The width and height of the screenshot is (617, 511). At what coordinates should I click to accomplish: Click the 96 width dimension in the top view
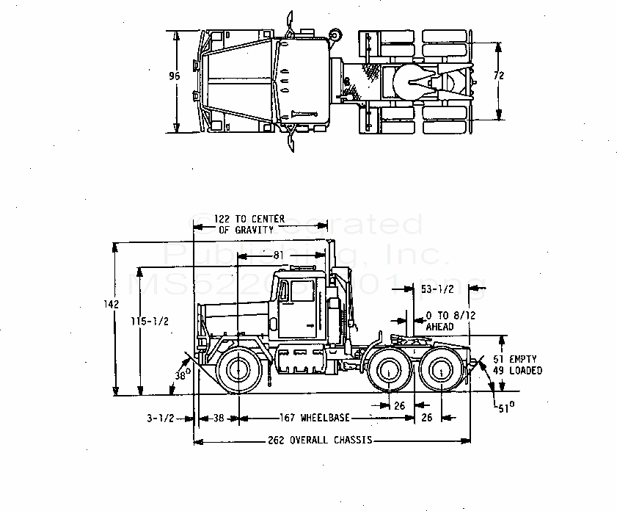pyautogui.click(x=174, y=76)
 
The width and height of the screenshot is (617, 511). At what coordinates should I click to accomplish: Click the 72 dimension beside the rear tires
pyautogui.click(x=499, y=76)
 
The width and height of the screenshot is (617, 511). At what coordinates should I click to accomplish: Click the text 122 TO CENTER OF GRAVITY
pyautogui.click(x=244, y=224)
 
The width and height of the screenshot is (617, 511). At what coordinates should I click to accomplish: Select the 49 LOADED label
pyautogui.click(x=516, y=371)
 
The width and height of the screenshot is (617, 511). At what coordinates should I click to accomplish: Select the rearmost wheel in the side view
pyautogui.click(x=442, y=372)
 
